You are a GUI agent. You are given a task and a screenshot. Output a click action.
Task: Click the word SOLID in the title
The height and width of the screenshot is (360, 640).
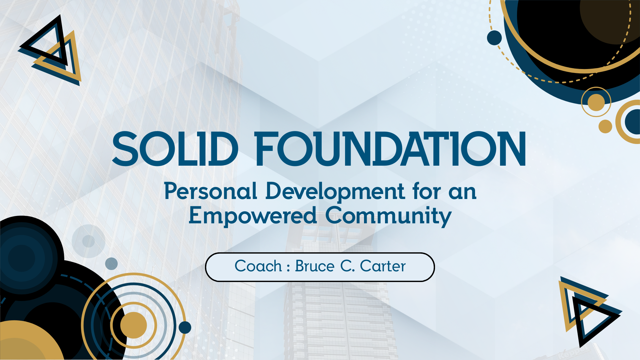point(175,149)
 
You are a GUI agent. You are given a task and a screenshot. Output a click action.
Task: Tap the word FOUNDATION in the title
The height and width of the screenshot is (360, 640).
point(390,149)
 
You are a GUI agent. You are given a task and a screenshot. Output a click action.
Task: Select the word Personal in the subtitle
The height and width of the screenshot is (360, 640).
point(211,191)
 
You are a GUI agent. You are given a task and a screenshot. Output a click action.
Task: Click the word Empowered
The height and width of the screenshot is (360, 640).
point(253,216)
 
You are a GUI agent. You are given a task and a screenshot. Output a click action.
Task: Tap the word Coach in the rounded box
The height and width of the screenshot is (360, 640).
point(258,266)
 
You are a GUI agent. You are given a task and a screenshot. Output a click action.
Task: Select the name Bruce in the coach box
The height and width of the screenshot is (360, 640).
point(315,266)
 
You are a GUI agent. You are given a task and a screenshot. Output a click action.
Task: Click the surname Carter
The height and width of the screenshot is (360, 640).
point(383,266)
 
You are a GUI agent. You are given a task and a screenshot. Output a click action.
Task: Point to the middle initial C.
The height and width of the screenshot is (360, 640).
point(347,266)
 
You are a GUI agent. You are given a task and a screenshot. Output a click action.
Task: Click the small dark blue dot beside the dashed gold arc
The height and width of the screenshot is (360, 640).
point(494,38)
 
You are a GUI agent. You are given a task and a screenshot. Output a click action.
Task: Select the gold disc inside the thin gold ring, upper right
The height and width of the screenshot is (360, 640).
point(596,102)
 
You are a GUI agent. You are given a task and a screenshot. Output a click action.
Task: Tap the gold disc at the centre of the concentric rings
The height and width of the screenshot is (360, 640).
point(133,325)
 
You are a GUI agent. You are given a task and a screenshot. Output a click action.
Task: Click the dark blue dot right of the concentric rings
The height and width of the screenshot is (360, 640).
point(185,327)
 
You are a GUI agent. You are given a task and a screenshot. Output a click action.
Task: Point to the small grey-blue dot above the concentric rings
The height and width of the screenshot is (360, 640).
point(111,264)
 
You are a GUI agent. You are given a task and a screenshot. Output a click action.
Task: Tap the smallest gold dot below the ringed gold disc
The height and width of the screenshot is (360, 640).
point(605,126)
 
